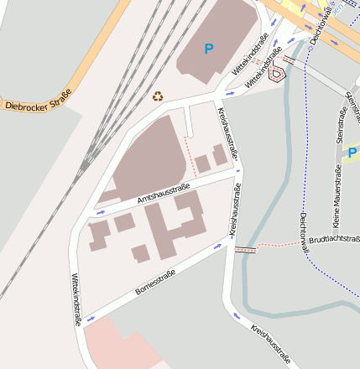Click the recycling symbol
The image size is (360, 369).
pos(158,96)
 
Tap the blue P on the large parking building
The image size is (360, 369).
pos(208,49)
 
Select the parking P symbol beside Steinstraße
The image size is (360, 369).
pos(352,153)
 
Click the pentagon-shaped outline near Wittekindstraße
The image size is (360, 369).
pos(275,74)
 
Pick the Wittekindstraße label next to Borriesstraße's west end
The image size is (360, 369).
pos(76,297)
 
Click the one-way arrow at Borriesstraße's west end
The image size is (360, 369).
pos(90,319)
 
